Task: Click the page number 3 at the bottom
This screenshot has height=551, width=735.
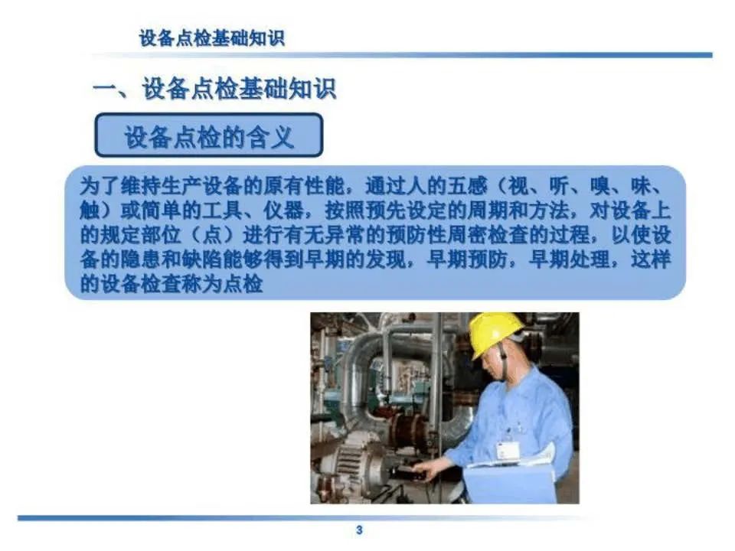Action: (359, 530)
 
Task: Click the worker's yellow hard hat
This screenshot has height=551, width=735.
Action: (495, 333)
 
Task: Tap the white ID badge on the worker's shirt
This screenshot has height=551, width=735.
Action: (508, 452)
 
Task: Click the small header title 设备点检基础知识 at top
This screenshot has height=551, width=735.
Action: (212, 38)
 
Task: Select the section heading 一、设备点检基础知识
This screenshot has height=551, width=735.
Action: (214, 89)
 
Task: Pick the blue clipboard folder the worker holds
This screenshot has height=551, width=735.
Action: (510, 484)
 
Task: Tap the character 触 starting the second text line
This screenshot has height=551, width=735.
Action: (90, 210)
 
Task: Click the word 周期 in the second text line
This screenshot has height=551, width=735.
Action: (488, 210)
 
